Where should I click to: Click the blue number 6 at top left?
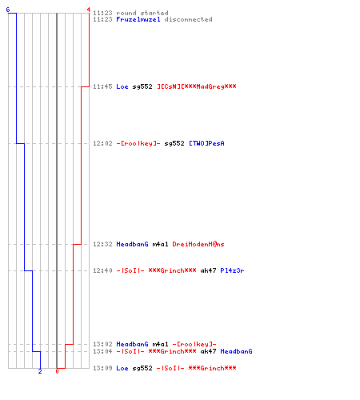coord(8,10)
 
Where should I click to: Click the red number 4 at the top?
coord(89,10)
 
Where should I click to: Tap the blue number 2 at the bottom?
coord(40,371)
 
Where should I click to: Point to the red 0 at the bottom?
coord(57,371)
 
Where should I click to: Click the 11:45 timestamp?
coord(102,86)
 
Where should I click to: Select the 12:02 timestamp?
coord(102,143)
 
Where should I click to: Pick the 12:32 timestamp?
coord(102,244)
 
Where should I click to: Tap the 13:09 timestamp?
coord(102,368)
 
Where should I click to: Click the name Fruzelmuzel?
coord(138,19)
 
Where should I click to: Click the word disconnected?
coord(189,19)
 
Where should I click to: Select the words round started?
coord(142,13)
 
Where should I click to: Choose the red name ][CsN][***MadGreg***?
coord(197,86)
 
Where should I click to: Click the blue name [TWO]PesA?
coord(206,143)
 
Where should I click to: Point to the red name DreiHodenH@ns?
coord(198,244)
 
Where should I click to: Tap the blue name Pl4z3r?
coord(232,270)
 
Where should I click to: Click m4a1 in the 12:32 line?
coord(160,244)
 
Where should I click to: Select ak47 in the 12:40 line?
coord(208,270)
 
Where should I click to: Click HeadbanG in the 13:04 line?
coord(236,351)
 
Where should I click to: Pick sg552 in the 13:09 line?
coord(142,368)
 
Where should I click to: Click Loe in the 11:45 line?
coord(122,86)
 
